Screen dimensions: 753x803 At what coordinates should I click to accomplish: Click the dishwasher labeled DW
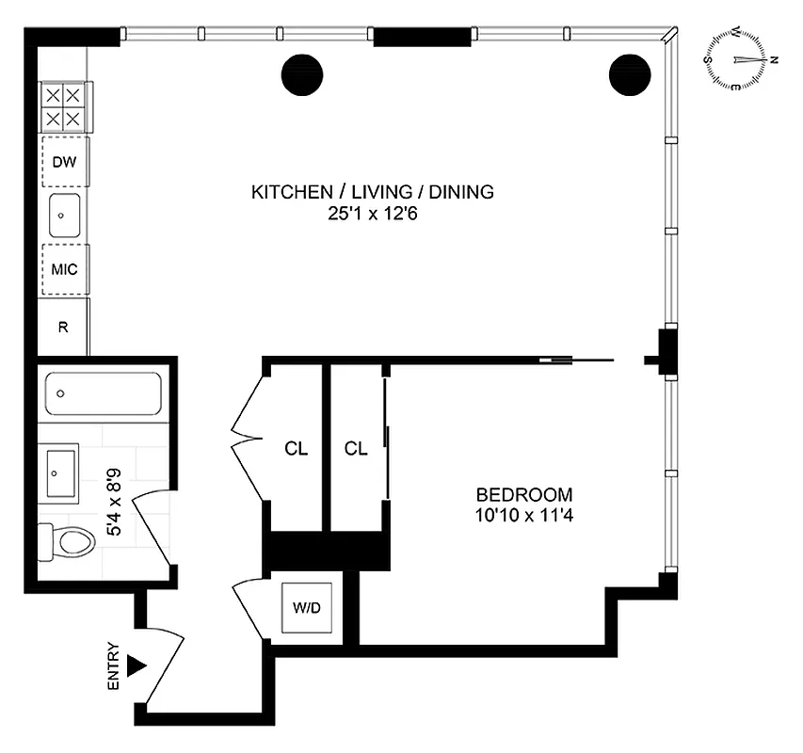coord(63,163)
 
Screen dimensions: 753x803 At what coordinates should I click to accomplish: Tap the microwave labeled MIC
coord(63,269)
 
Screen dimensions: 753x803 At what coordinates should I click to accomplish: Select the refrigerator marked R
coord(63,328)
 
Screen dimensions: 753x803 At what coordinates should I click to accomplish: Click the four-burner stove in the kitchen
coord(62,106)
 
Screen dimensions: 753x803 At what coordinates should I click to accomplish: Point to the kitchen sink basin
coord(63,216)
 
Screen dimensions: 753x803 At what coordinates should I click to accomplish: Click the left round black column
coord(302,74)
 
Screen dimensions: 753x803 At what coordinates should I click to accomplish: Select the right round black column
coord(629,74)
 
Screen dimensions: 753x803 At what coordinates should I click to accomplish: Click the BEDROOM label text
coord(524,495)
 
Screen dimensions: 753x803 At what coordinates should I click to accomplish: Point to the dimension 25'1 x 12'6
coord(372,214)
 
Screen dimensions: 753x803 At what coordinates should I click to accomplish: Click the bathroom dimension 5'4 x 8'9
coord(117,507)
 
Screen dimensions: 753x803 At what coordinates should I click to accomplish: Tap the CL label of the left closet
coord(297,449)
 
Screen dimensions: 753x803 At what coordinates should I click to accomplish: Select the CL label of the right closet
coord(356,449)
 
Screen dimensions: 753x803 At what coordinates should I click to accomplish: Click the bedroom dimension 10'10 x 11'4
coord(524,515)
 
